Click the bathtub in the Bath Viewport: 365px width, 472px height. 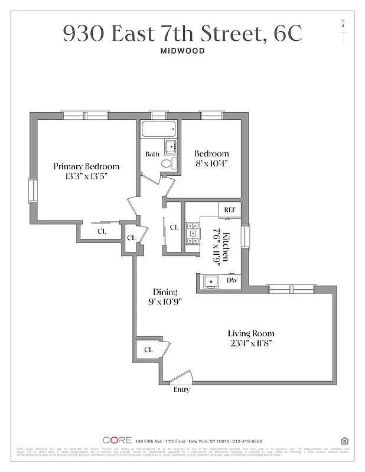pyautogui.click(x=158, y=129)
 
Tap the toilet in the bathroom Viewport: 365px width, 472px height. pyautogui.click(x=167, y=163)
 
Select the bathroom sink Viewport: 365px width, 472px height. pyautogui.click(x=171, y=146)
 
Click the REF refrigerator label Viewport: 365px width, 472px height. pyautogui.click(x=229, y=209)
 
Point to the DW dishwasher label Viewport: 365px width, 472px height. pyautogui.click(x=233, y=281)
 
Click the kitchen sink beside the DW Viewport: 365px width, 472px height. pyautogui.click(x=210, y=282)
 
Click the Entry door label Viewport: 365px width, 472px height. pyautogui.click(x=181, y=389)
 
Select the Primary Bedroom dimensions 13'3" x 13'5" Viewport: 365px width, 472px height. pyautogui.click(x=86, y=176)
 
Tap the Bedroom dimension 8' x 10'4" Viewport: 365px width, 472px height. pyautogui.click(x=211, y=164)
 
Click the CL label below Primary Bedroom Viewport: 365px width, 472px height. pyautogui.click(x=101, y=231)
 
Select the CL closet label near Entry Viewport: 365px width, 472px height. pyautogui.click(x=148, y=350)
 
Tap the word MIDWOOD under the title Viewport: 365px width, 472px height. pyautogui.click(x=182, y=51)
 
